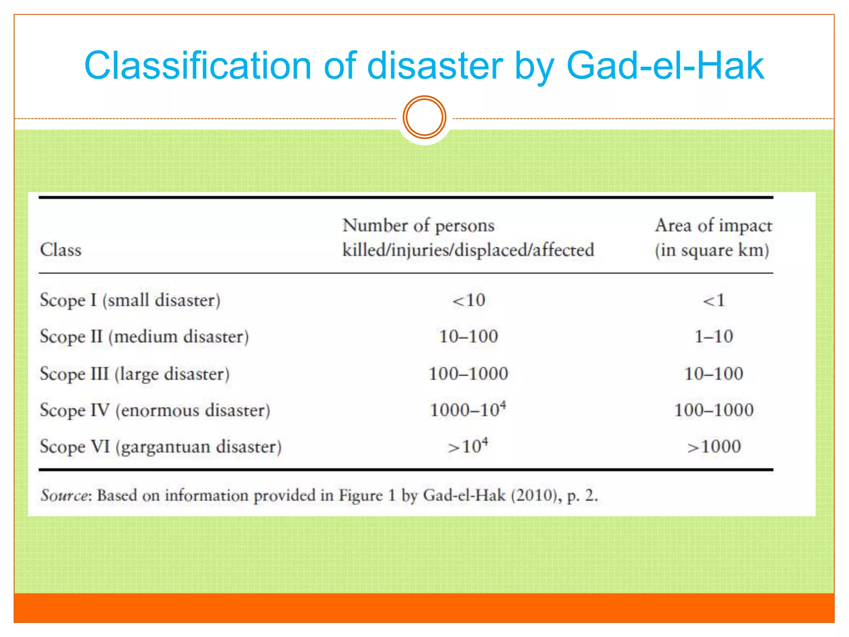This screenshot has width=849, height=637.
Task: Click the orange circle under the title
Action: pos(424,117)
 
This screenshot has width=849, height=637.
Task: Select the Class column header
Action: pos(61,250)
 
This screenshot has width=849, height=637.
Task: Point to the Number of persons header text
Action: pos(418,226)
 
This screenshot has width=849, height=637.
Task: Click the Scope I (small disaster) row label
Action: pos(130,300)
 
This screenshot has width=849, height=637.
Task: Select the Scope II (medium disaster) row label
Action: pos(144,336)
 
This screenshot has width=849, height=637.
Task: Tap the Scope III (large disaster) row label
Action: pos(134,374)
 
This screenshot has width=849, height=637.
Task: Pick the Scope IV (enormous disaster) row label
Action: pos(155,410)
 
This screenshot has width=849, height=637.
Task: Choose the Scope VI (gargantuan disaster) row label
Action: pos(160,447)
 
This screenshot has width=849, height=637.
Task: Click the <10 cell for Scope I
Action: pos(468,300)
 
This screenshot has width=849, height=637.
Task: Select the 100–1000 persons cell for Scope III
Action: pos(468,374)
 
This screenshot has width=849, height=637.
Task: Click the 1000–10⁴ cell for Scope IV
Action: pos(468,410)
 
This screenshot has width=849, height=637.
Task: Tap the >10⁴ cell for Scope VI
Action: pos(468,446)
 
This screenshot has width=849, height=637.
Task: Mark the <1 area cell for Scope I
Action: pos(713,300)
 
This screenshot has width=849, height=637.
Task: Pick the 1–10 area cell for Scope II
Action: pos(713,336)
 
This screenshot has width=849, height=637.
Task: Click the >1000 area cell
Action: pos(713,447)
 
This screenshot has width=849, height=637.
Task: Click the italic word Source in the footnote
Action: pos(64,495)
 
